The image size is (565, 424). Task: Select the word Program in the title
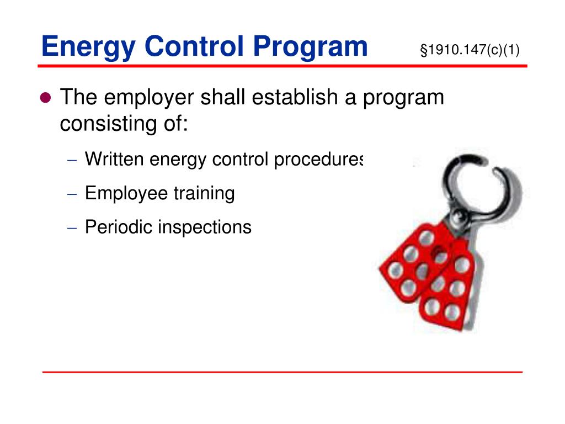pos(311,46)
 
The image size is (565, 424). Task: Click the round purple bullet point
pos(46,98)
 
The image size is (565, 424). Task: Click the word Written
pos(114,160)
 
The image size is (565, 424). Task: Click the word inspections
pos(204,227)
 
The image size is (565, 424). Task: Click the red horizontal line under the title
pos(281,66)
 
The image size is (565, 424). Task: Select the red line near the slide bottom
pos(281,372)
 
